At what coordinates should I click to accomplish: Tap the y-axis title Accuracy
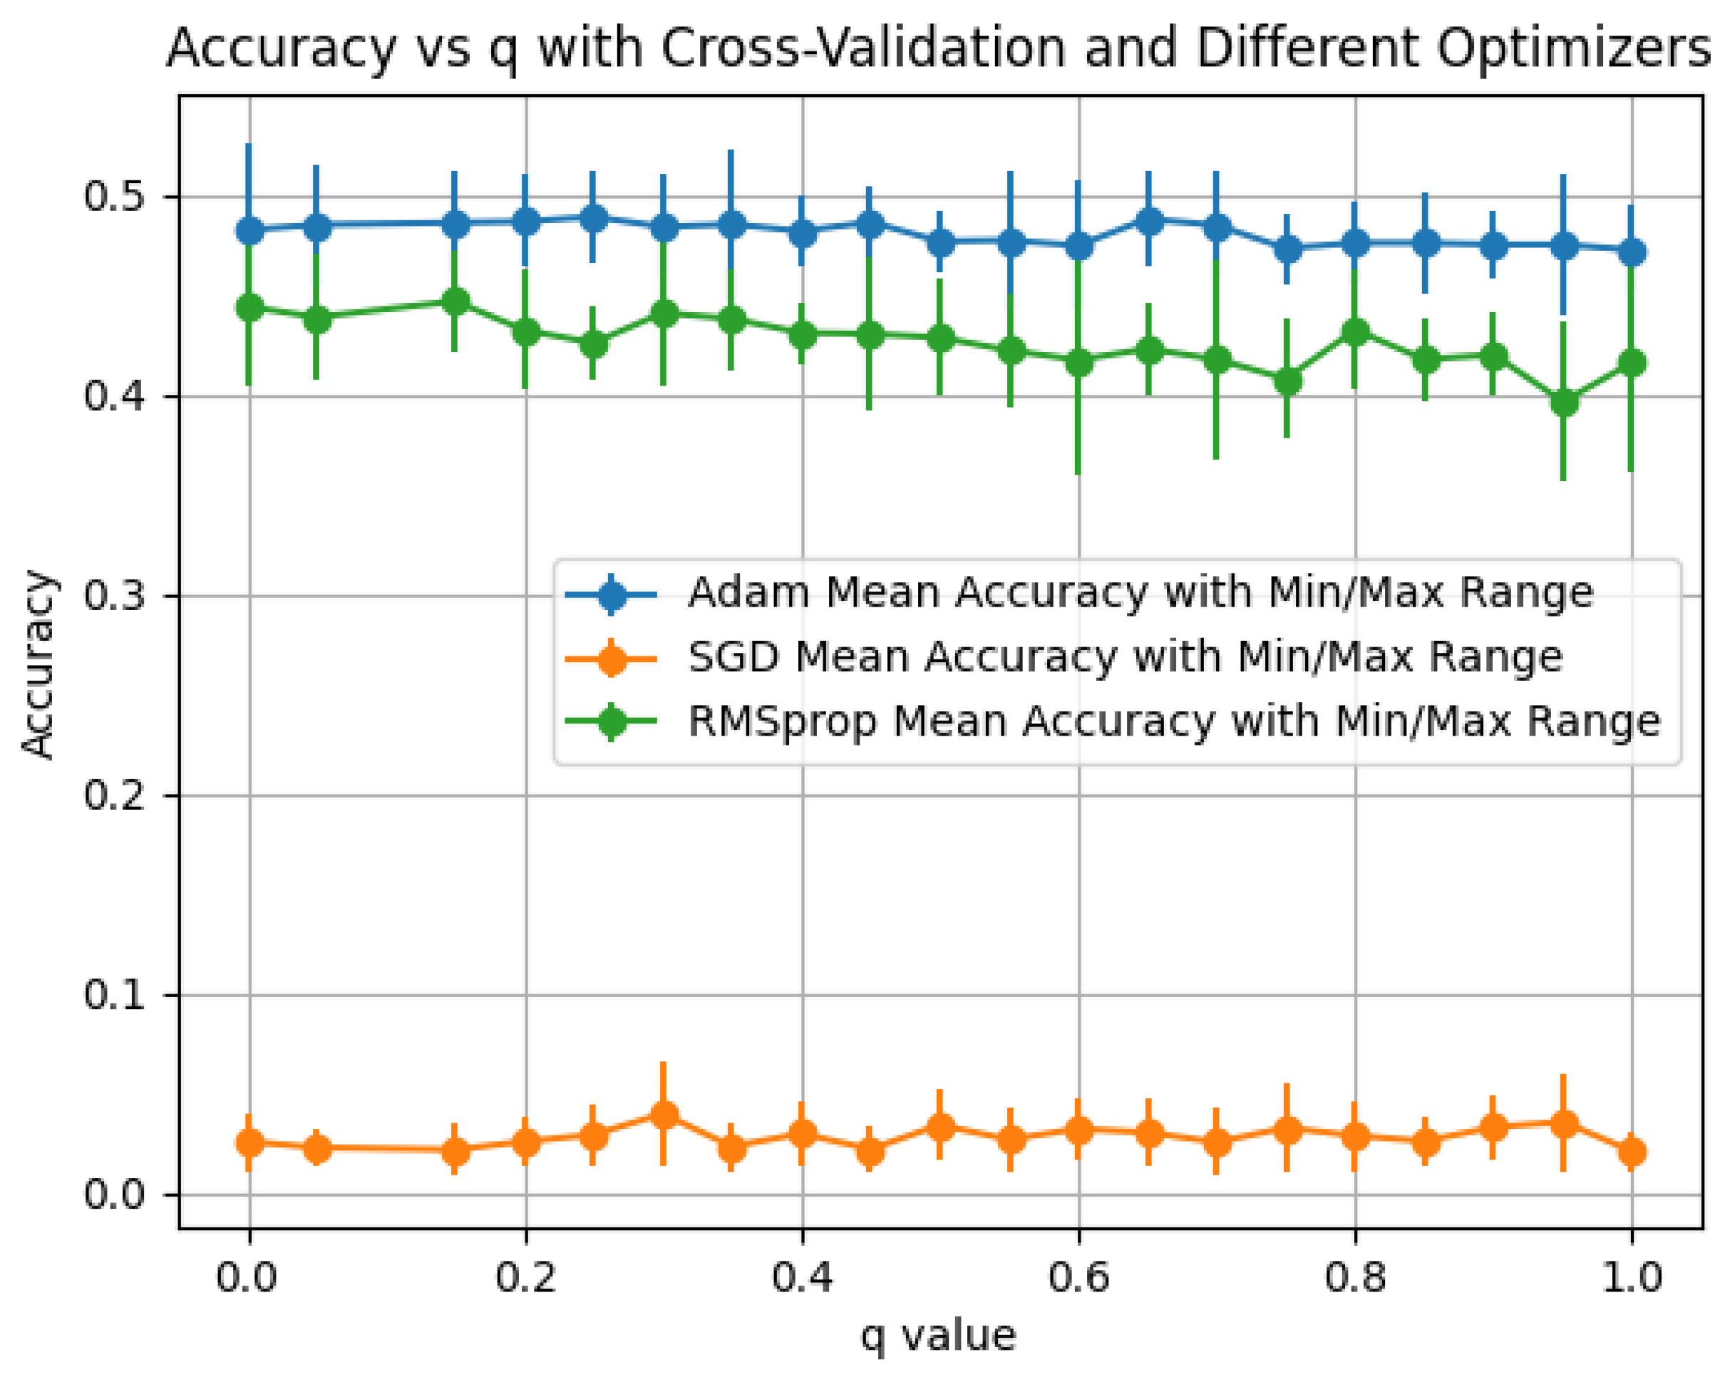[38, 664]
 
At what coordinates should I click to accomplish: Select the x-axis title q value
[938, 1336]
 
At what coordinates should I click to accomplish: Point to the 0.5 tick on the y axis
[113, 197]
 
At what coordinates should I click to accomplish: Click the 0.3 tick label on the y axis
[113, 597]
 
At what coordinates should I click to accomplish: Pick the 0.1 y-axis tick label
[113, 995]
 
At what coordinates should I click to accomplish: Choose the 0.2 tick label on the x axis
[525, 1276]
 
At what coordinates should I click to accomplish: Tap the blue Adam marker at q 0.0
[249, 231]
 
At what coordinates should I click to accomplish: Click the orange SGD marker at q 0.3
[664, 1115]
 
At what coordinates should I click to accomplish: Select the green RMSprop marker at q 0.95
[1563, 402]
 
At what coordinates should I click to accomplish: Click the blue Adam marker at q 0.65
[1149, 222]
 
